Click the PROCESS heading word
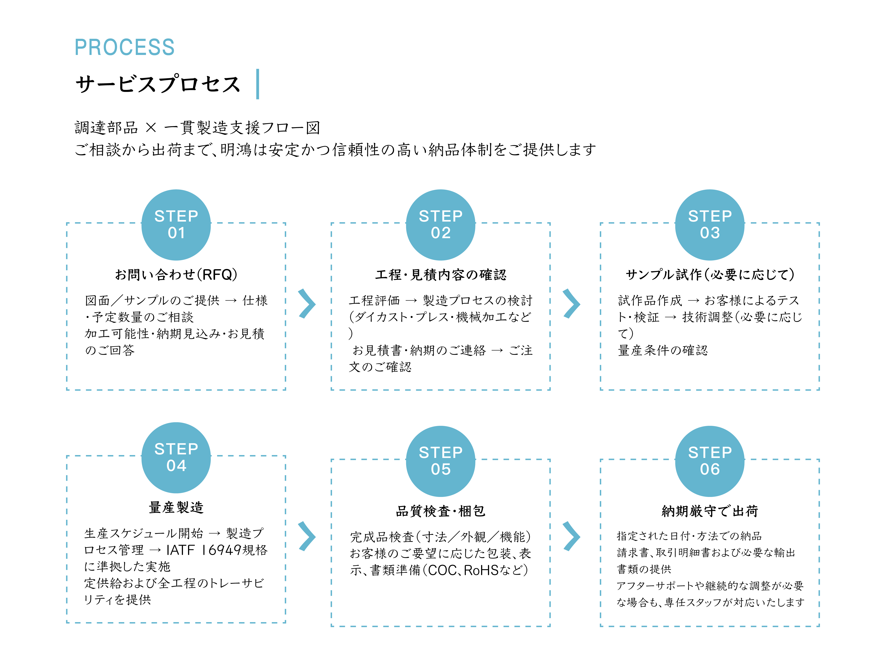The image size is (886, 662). (124, 47)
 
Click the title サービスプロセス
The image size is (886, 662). (158, 84)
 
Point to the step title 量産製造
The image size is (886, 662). (176, 507)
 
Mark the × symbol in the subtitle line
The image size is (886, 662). (151, 128)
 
